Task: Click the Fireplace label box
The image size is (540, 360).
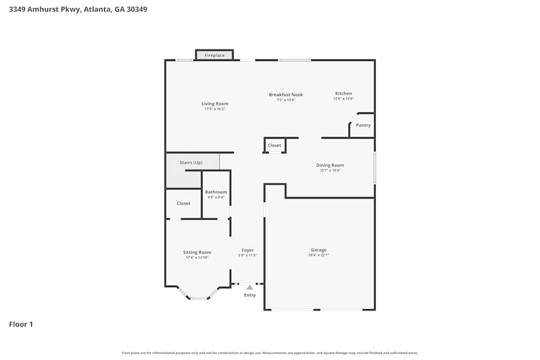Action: pos(214,56)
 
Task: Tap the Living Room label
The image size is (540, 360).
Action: pos(215,104)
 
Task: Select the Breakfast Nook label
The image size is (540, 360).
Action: pos(286,94)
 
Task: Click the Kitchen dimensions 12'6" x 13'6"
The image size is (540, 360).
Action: pos(343,99)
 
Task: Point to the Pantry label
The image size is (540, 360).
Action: pos(363,125)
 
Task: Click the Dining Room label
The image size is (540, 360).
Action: pos(330,165)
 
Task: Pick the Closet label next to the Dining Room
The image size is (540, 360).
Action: pos(274,145)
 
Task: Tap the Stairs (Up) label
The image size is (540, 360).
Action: pos(191,162)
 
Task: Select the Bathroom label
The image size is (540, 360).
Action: pos(216,192)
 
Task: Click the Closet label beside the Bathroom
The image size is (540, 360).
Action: pos(184,203)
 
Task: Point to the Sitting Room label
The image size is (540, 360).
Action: pos(197,252)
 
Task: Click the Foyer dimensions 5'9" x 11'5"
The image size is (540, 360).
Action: pos(247,255)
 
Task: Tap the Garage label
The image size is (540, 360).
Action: pos(319,250)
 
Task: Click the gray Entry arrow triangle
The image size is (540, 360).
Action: pos(249,288)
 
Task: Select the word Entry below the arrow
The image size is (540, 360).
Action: pos(249,295)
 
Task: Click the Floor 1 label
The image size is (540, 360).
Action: pos(21,324)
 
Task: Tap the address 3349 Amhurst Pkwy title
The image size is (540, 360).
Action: pos(78,9)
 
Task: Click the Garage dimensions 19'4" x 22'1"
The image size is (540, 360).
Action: pos(319,255)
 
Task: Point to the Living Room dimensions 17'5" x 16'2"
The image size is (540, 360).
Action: pos(215,109)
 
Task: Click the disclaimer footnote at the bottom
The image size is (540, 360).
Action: pos(270,353)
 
